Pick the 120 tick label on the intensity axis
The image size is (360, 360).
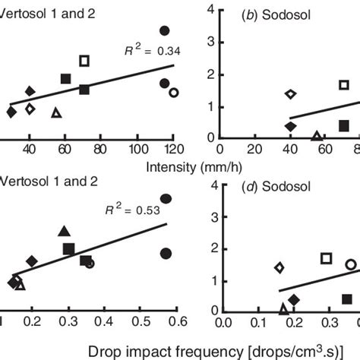pos(173,149)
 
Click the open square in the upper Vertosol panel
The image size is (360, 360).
pos(85,61)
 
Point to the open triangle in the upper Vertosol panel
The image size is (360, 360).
pos(55,113)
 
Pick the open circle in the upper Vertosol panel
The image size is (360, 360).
pos(173,93)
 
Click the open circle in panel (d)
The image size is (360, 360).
pos(350,264)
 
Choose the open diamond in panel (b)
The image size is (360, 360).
pos(289,94)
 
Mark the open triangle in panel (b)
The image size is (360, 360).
pos(317,137)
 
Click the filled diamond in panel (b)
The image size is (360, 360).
pos(289,126)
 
